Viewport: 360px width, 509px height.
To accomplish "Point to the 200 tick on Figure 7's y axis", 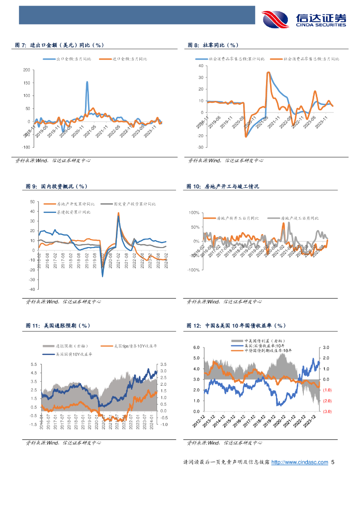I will (26, 70).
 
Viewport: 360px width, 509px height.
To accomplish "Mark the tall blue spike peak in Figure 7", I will (87, 82).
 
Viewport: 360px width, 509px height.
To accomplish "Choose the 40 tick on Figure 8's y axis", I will (200, 66).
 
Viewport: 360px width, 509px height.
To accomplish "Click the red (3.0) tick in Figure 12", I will (326, 412).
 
